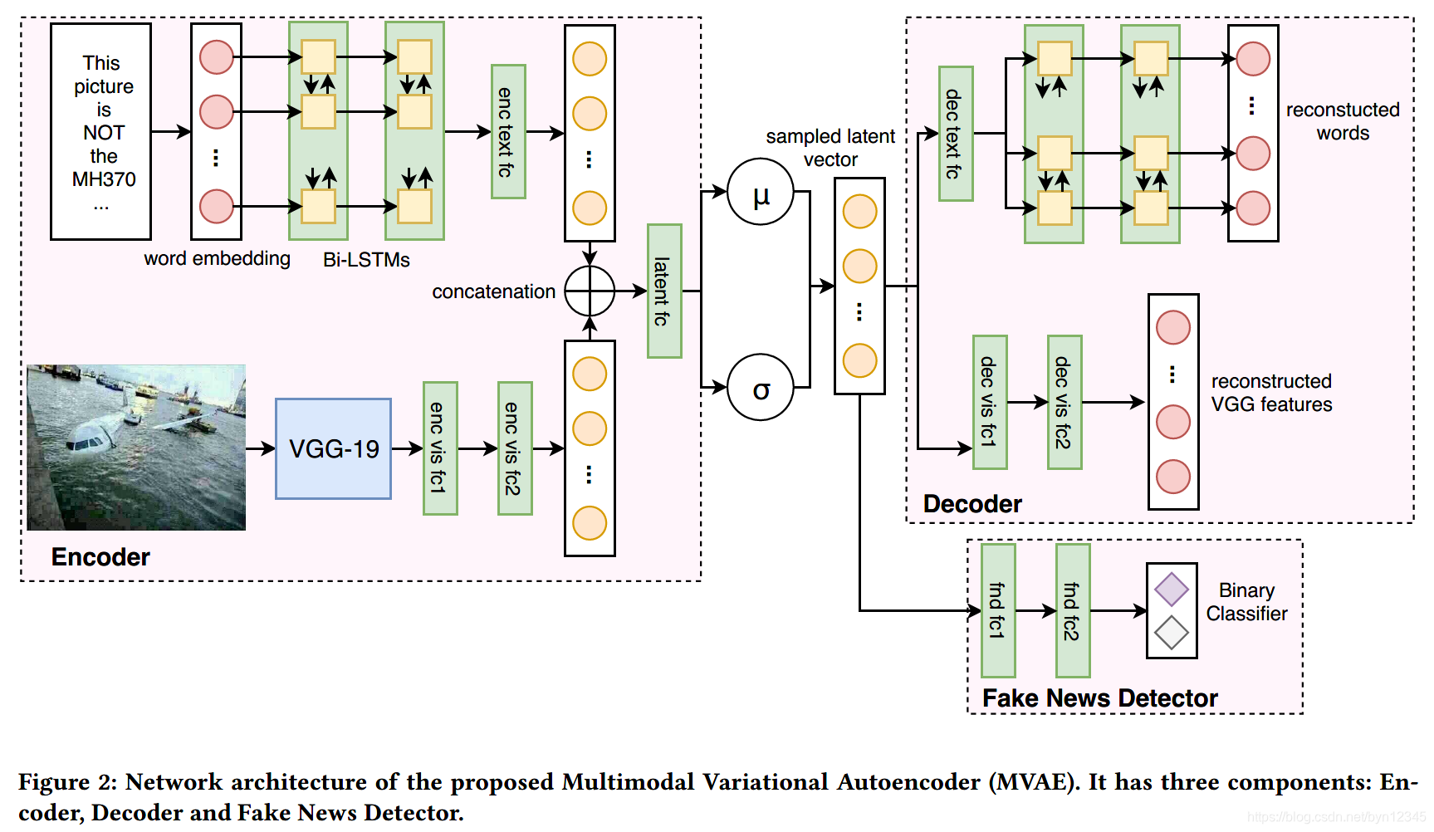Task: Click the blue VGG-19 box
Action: pos(333,448)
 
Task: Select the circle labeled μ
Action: pos(761,192)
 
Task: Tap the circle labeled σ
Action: pos(761,387)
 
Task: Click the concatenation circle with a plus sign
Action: pos(590,291)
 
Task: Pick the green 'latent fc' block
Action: pos(664,291)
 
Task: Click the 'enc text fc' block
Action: pos(508,132)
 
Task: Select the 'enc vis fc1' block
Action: pos(440,448)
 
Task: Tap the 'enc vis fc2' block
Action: pos(515,448)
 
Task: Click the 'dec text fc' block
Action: pos(956,134)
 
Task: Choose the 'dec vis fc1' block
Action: pos(990,402)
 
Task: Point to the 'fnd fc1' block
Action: pos(998,610)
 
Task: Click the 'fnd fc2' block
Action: pos(1073,610)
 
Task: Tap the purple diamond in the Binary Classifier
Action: pos(1172,590)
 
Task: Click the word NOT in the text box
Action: pos(104,133)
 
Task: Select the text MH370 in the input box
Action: pos(104,179)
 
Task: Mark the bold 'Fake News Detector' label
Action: pos(1099,698)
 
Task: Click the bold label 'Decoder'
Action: pos(972,504)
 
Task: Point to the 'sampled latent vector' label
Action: pos(830,148)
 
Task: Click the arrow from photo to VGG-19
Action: pos(261,448)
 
